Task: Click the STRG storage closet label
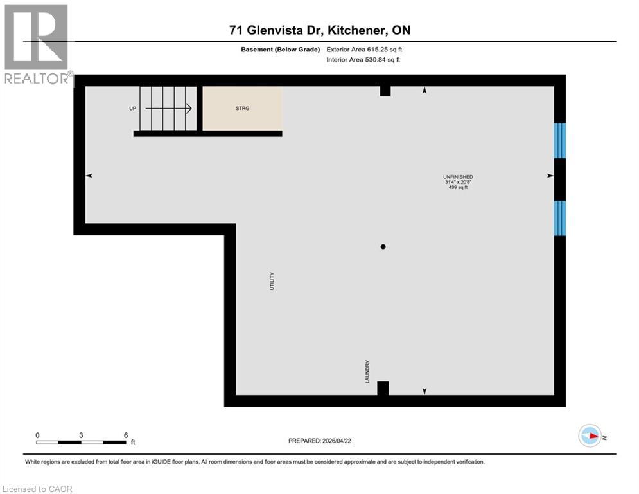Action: [242, 108]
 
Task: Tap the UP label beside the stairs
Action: [133, 108]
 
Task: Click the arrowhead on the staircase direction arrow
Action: [189, 108]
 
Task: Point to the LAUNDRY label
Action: [367, 371]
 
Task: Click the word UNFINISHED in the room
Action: [458, 176]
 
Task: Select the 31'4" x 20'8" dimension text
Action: [458, 182]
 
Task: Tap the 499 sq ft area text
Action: [458, 188]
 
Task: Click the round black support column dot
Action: [383, 246]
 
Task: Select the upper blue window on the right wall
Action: [560, 140]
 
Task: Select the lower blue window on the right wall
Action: [560, 218]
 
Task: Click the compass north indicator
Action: [590, 436]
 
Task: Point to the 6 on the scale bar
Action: [125, 435]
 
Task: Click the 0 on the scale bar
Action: [37, 435]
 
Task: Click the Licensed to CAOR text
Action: [38, 489]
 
